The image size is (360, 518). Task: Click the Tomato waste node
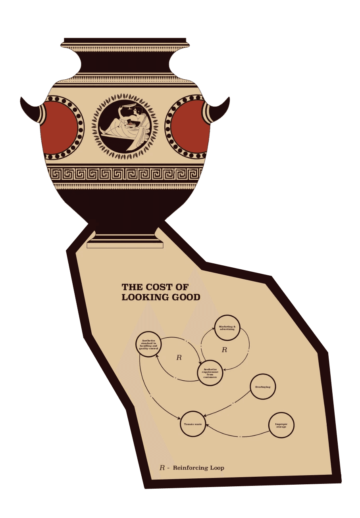click(x=193, y=424)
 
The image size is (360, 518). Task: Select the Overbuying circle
click(x=263, y=386)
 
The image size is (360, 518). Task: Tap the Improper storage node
click(x=281, y=425)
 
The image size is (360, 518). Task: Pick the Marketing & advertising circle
click(x=227, y=328)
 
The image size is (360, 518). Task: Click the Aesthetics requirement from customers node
click(x=210, y=373)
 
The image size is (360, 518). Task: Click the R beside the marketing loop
click(x=224, y=350)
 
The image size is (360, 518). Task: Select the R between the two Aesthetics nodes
click(x=179, y=358)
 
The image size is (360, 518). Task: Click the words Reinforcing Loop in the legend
click(x=198, y=468)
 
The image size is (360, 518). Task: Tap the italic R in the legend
click(x=162, y=468)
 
